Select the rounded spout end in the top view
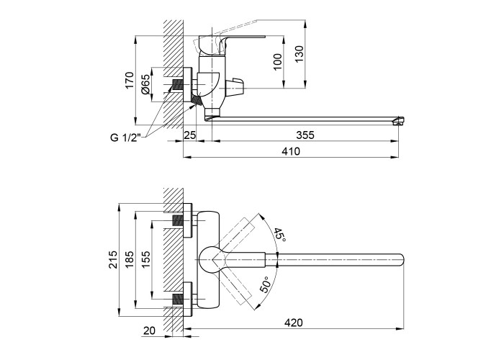(x=401, y=258)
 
